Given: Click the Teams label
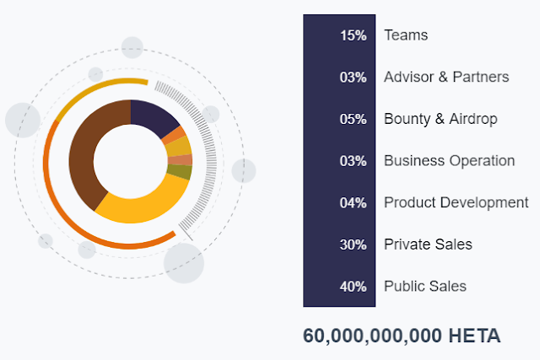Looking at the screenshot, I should point(406,35).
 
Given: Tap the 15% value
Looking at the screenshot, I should point(353,35).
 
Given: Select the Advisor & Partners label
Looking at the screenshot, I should point(446,77).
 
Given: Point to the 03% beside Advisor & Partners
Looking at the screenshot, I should point(353,78).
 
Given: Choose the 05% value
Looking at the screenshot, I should point(353,119).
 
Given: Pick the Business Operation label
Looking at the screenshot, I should point(449,160).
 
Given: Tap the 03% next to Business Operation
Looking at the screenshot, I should point(353,161).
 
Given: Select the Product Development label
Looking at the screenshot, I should point(456,202).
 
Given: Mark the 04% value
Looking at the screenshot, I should point(353,203).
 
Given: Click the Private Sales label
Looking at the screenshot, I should point(428,244).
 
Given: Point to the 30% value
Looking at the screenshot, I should point(353,244).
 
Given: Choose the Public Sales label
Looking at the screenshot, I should point(425,287).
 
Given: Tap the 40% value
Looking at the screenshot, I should point(353,287).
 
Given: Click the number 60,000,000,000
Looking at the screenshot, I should point(372,336).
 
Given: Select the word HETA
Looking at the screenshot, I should point(475,336).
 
